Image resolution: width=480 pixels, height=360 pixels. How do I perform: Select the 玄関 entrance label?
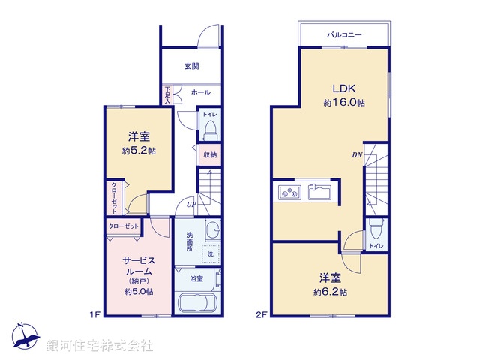point(191,66)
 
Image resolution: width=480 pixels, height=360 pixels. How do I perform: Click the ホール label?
point(200,92)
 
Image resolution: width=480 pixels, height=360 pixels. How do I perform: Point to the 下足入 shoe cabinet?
point(169,95)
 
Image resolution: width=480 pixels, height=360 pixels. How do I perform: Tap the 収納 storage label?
point(210,154)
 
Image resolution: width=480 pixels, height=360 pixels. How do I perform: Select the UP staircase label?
point(192,204)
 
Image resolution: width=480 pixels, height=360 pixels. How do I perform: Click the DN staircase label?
point(358,155)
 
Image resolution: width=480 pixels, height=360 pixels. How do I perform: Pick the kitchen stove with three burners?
point(288,193)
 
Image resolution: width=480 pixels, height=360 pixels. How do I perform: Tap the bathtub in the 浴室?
point(196,304)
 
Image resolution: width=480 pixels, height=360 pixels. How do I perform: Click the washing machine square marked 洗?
point(210,254)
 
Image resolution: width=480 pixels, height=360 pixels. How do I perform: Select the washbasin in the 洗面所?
point(212,230)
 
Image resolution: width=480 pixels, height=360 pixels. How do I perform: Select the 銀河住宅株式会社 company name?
point(100,346)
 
